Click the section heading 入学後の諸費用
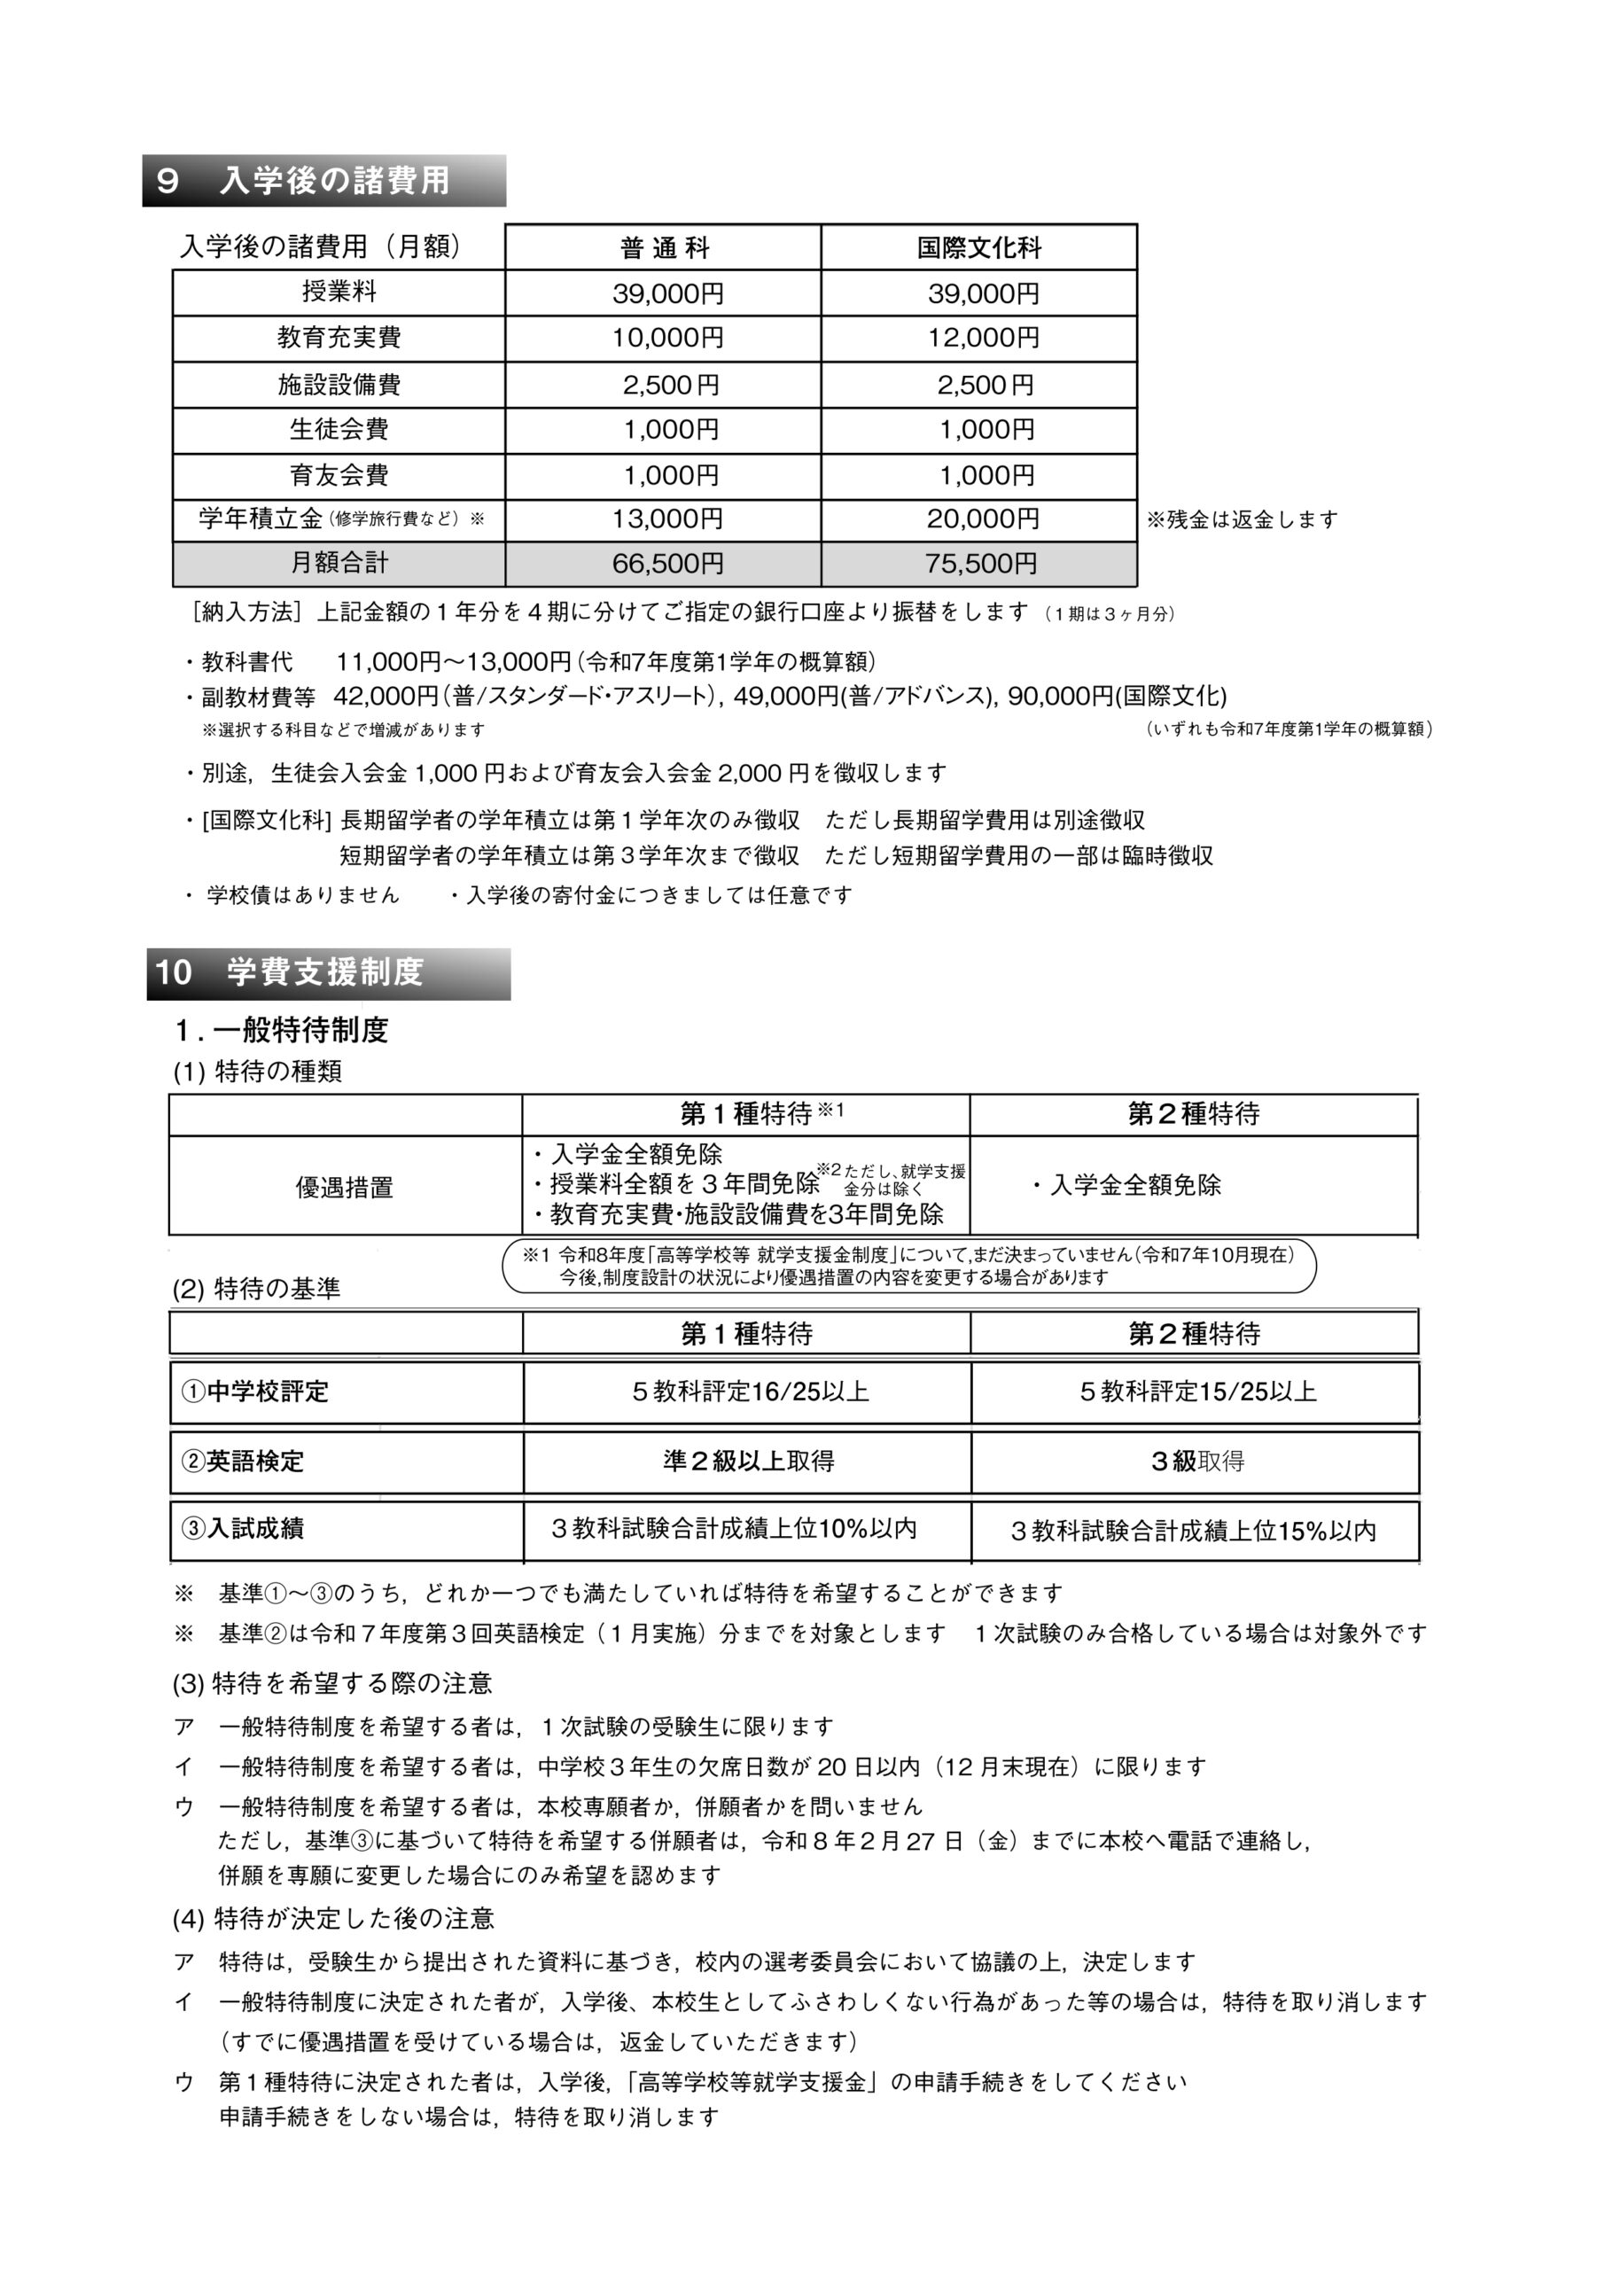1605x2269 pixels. [x=334, y=181]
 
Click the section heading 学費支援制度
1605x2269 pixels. [x=324, y=972]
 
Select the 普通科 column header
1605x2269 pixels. [x=664, y=248]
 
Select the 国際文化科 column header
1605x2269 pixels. [x=978, y=248]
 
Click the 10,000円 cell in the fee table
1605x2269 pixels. [x=667, y=338]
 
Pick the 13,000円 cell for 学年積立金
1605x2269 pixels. [x=667, y=519]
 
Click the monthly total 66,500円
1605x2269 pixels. [x=667, y=564]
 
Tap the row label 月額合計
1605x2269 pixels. [x=339, y=564]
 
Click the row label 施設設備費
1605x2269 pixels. [x=339, y=385]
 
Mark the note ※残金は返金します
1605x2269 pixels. [x=1242, y=519]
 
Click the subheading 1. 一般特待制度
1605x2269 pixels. [x=282, y=1031]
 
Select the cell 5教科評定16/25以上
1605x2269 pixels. [x=750, y=1392]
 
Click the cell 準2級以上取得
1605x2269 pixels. [x=748, y=1462]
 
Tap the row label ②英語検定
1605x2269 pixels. [x=243, y=1462]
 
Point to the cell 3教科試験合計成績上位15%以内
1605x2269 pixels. [x=1193, y=1531]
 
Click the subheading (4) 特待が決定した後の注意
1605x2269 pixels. [x=333, y=1918]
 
